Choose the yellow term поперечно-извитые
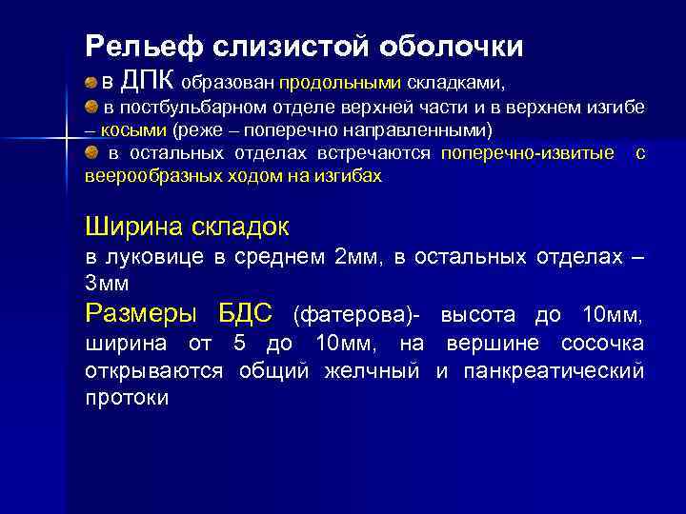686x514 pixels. [x=527, y=152]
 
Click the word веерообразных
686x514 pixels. [x=147, y=176]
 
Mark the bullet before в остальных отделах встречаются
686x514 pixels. [x=91, y=152]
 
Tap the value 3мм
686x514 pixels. [x=108, y=284]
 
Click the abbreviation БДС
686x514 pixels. [x=246, y=312]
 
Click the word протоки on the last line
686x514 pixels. [x=127, y=397]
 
